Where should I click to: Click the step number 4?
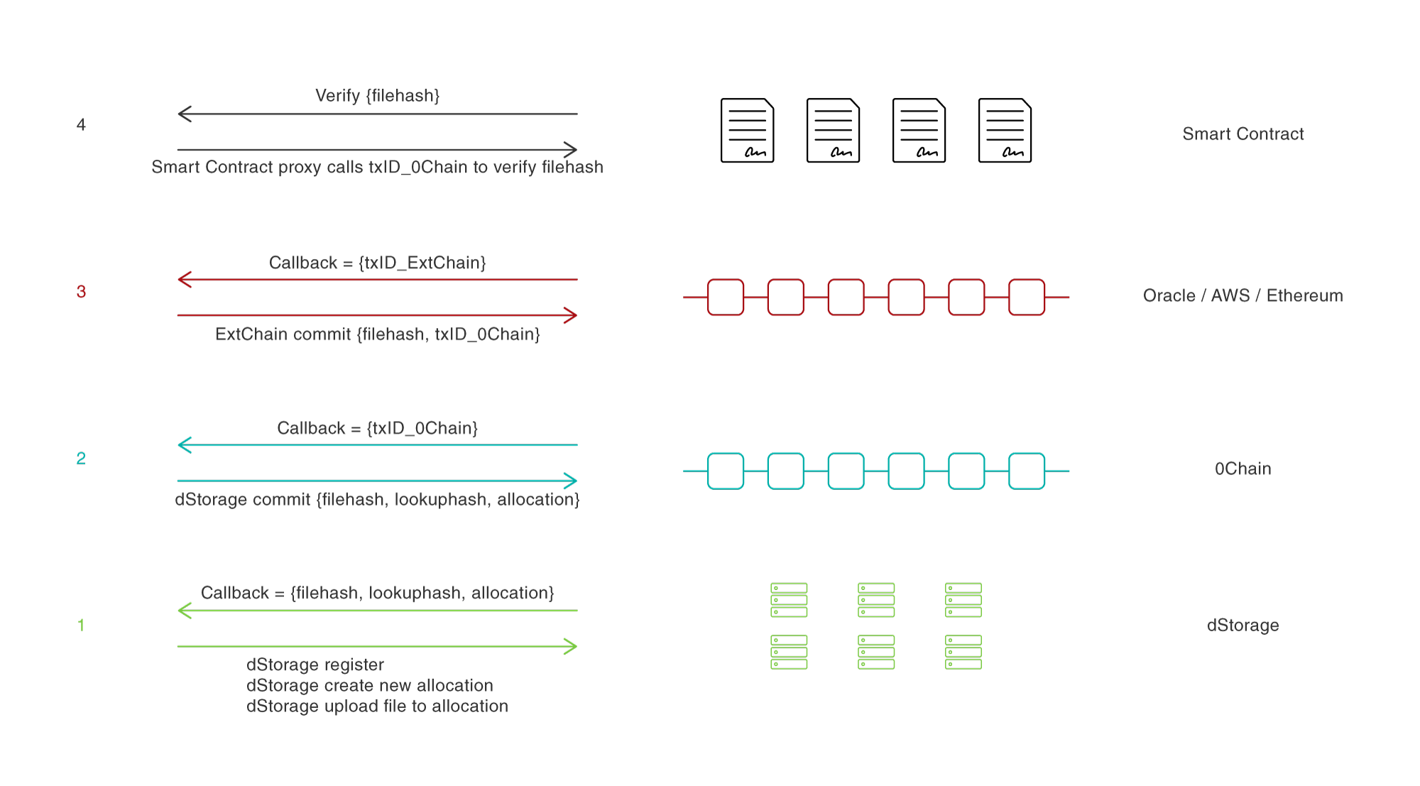point(81,125)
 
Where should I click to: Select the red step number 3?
point(81,292)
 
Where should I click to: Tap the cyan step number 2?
point(81,459)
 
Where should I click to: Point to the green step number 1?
point(81,626)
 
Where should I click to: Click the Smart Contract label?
point(1242,134)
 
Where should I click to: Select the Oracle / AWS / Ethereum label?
point(1242,295)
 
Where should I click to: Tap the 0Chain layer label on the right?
point(1242,469)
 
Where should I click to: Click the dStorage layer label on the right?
point(1242,626)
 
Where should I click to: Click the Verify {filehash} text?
point(377,96)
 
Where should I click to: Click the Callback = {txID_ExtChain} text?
point(377,263)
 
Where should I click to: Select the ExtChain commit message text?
point(377,334)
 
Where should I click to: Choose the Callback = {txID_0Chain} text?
point(377,428)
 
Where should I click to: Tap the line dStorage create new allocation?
point(369,686)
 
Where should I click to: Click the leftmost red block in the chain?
point(726,298)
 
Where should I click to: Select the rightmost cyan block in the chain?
point(1027,471)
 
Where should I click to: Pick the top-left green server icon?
point(789,600)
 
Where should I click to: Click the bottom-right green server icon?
point(963,652)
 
